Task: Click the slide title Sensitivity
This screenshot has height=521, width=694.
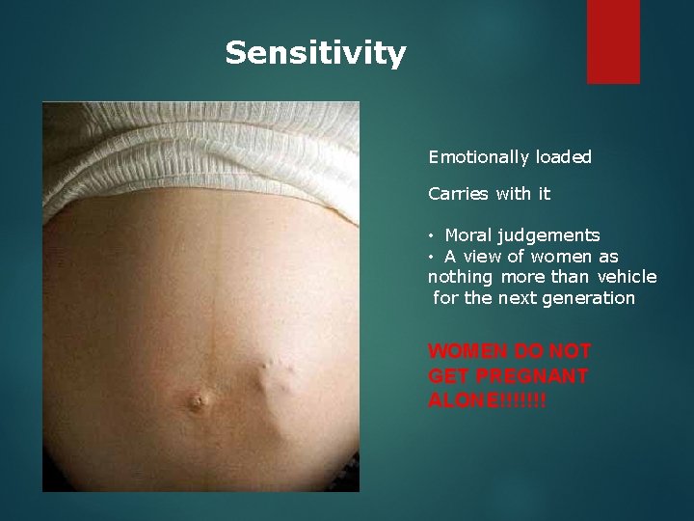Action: (x=315, y=53)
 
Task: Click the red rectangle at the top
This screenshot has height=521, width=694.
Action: (x=613, y=41)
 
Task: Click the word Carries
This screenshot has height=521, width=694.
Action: (x=459, y=194)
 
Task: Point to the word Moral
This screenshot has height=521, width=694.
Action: (x=468, y=234)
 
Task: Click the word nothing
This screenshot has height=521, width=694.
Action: (x=458, y=277)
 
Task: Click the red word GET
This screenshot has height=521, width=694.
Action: (x=446, y=374)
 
